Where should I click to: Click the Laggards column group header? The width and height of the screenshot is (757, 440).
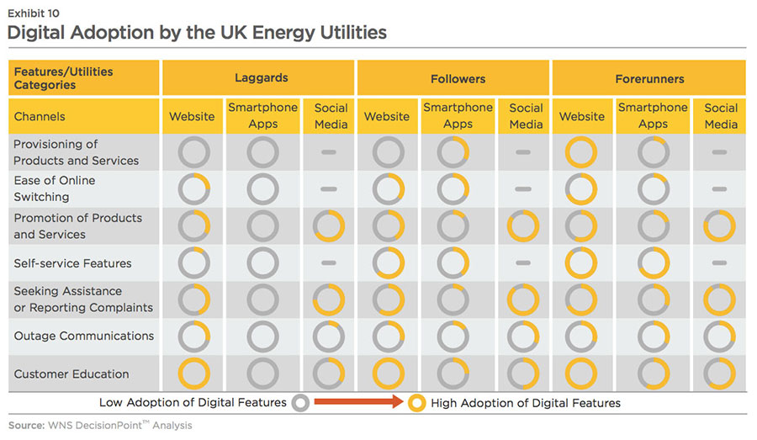(x=261, y=78)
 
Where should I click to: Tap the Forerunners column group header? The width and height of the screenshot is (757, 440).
(x=649, y=79)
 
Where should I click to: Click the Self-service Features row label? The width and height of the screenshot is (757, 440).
(x=72, y=263)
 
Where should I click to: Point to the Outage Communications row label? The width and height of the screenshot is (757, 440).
(x=83, y=336)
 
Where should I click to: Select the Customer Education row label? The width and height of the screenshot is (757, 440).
(x=71, y=374)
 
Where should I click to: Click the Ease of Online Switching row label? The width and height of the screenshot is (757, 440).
(x=55, y=188)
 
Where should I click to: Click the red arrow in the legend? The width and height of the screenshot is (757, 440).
(x=357, y=403)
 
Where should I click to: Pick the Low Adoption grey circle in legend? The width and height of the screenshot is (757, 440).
(x=300, y=403)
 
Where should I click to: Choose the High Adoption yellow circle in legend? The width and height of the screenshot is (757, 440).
(x=416, y=403)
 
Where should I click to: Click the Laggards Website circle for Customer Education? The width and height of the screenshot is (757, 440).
(x=194, y=374)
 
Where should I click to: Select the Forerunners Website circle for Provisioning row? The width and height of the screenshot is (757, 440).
(x=581, y=152)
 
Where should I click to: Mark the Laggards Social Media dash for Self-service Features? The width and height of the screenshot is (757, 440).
(x=330, y=263)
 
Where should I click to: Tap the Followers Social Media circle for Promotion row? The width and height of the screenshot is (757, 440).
(x=523, y=226)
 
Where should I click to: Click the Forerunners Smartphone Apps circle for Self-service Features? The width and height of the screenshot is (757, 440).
(x=653, y=263)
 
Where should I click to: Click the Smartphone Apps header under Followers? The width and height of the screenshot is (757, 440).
(x=458, y=115)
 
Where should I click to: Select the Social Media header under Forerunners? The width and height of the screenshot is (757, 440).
(x=721, y=115)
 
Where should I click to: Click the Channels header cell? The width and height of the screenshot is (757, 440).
(x=40, y=116)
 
